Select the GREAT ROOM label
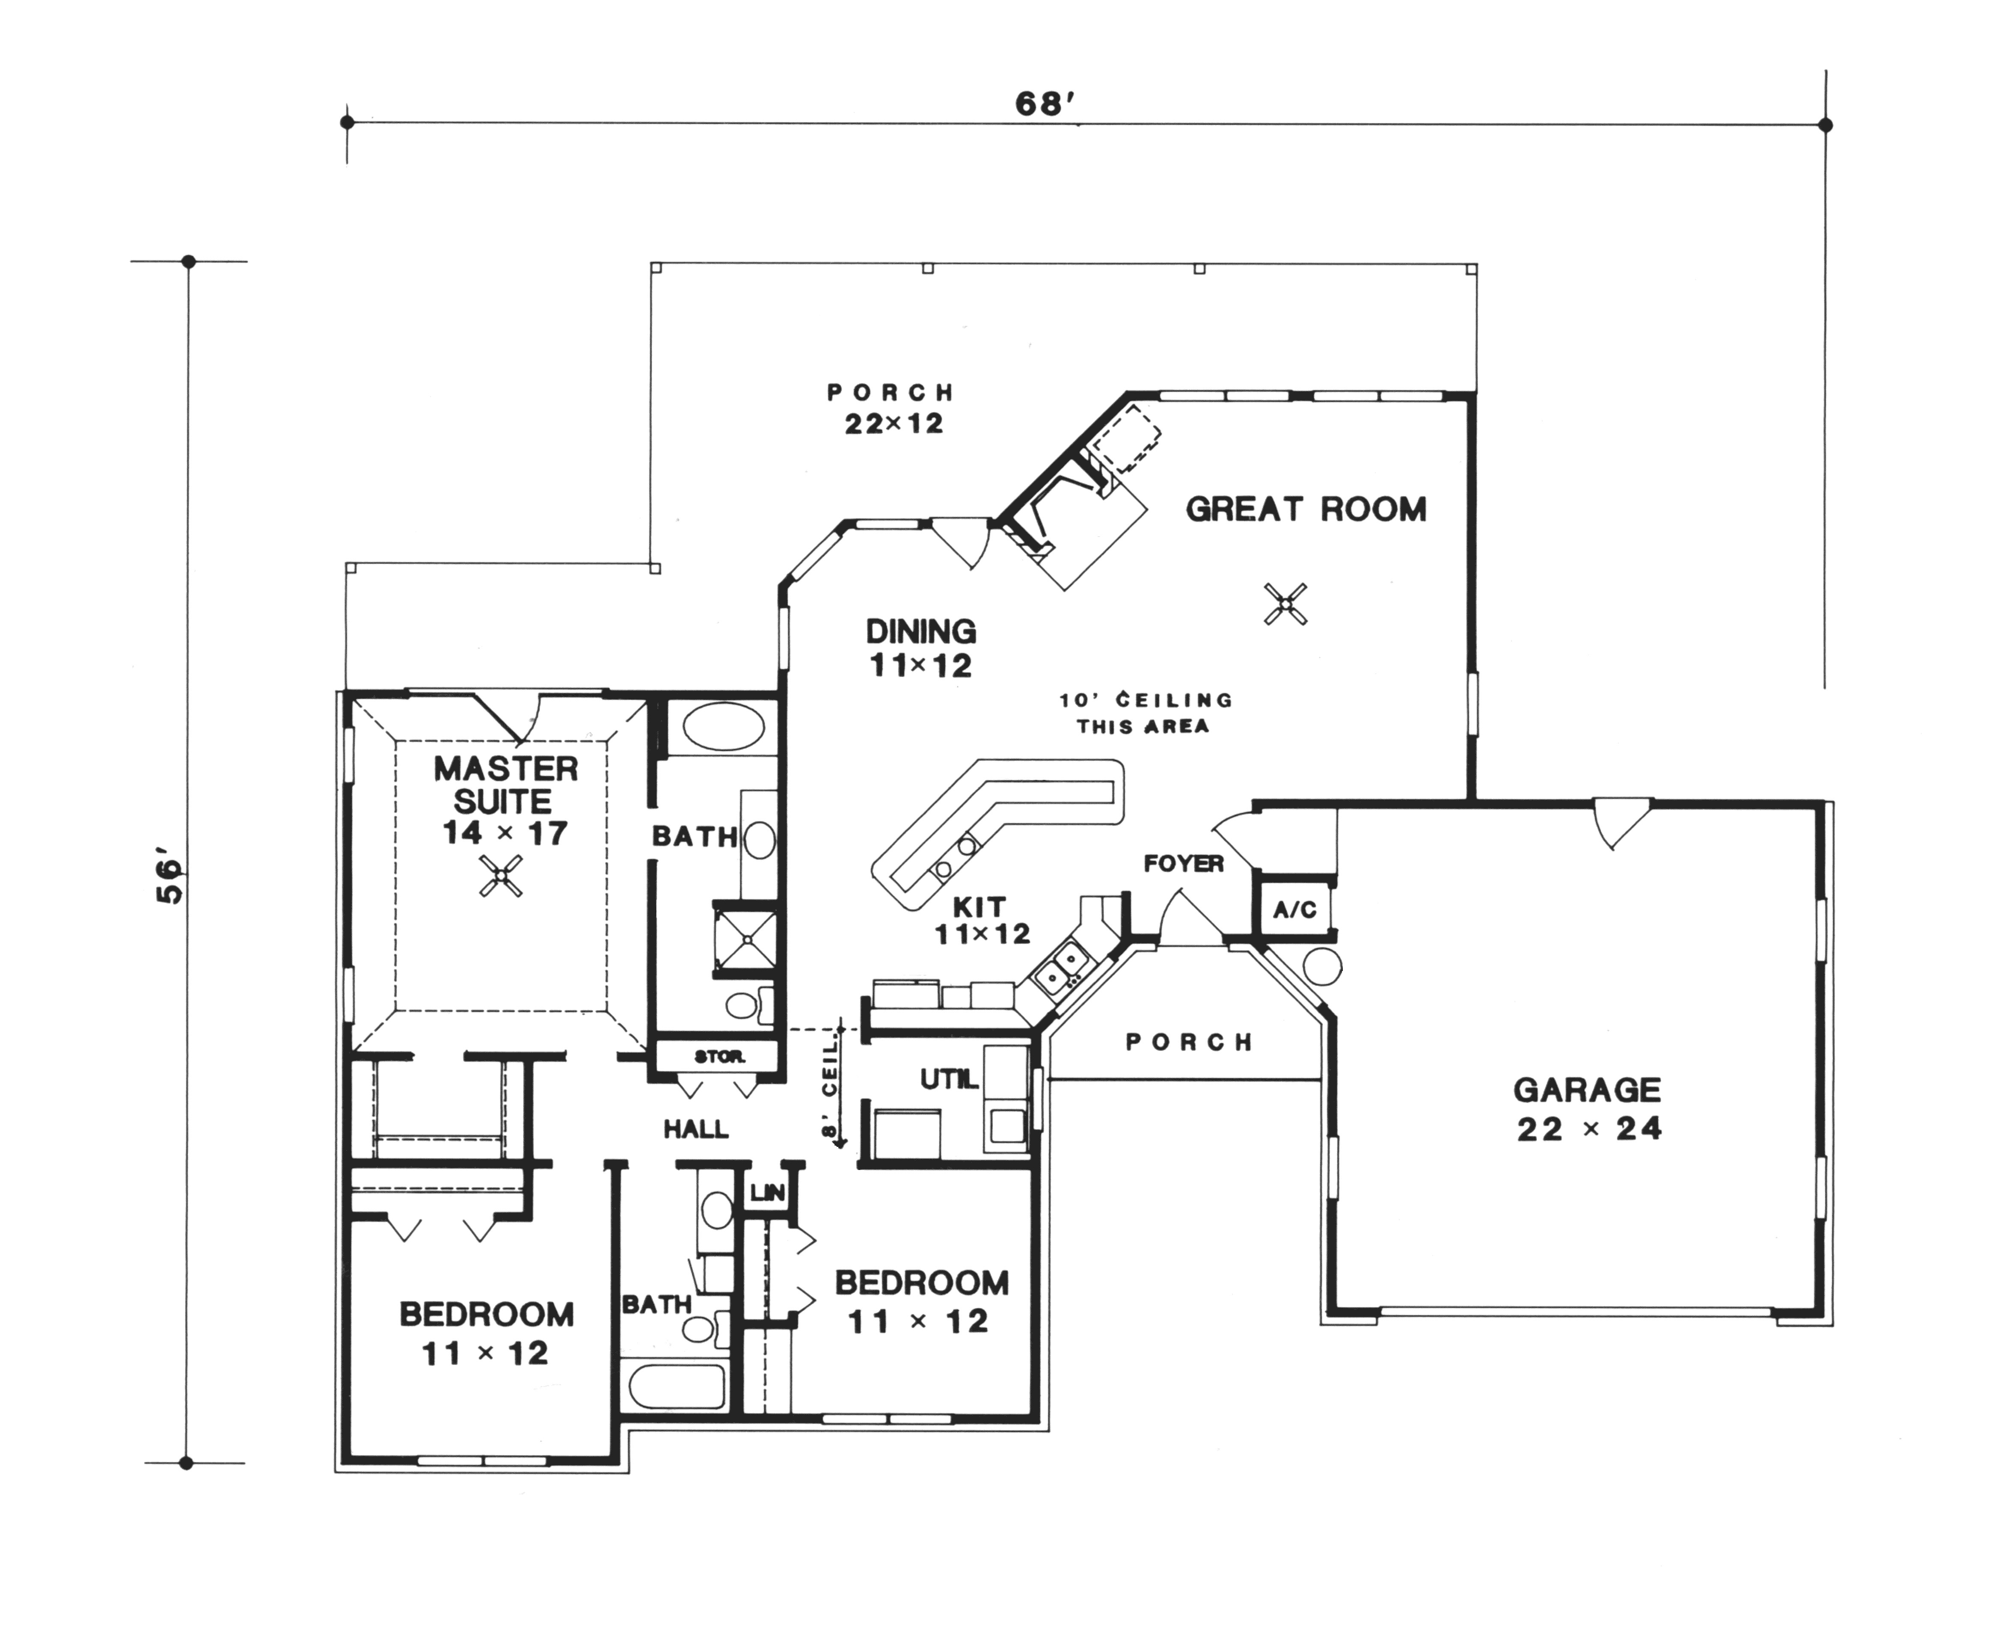point(1306,509)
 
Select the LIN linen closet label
point(767,1193)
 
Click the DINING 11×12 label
point(920,649)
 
